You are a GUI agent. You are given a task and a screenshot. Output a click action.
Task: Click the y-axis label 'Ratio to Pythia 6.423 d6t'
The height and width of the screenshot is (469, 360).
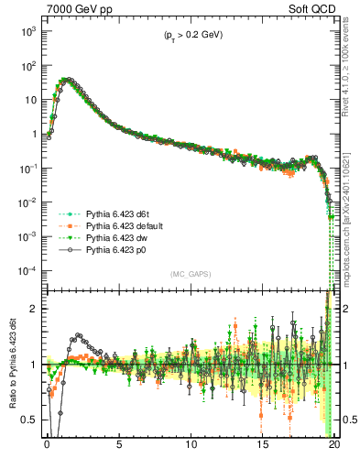point(11,366)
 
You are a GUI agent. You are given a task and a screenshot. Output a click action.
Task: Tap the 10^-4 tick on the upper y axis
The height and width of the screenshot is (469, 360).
point(27,271)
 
